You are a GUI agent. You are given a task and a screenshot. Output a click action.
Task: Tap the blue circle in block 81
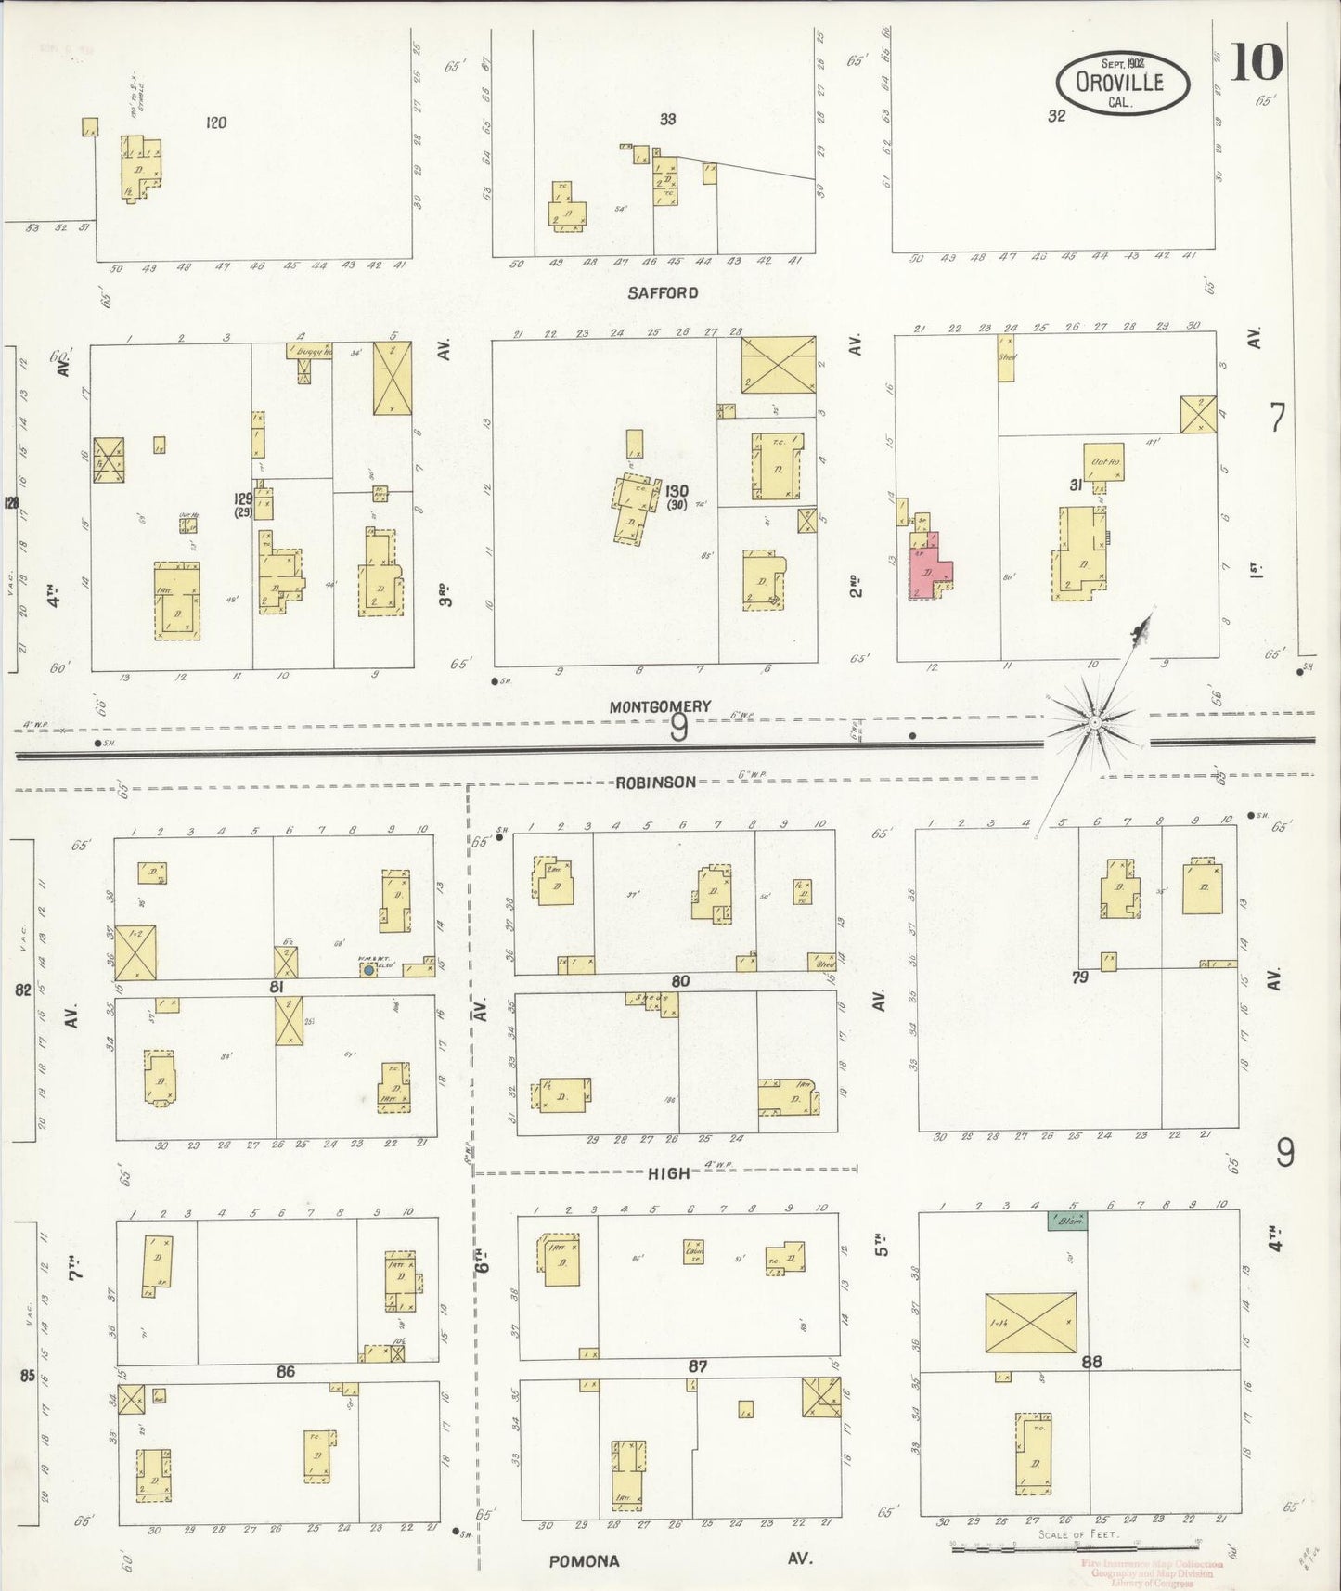368,969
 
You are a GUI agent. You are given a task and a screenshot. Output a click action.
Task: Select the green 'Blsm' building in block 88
1067,1222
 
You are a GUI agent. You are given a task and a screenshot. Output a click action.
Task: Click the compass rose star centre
1095,721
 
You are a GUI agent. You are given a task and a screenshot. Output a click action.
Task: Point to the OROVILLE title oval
1122,82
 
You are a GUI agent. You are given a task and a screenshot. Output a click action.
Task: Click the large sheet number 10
1257,63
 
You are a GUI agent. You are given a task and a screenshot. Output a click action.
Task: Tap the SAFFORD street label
662,293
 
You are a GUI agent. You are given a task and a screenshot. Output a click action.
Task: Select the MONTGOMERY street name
660,706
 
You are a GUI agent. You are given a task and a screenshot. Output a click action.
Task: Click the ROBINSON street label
655,782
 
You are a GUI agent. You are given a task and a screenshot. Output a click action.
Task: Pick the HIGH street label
668,1172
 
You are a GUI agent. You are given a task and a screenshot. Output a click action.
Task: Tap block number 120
216,122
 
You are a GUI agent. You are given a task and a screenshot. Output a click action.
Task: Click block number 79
1079,977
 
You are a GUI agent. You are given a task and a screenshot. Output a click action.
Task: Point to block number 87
698,1366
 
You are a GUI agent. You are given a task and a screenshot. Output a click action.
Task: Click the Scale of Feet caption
1079,1534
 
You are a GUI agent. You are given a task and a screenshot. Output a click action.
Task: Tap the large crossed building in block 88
1030,1322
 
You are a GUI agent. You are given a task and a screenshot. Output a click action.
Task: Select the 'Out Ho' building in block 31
1103,462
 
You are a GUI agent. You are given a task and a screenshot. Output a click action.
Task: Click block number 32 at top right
1056,116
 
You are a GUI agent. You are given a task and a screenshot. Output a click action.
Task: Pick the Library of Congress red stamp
1152,1570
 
